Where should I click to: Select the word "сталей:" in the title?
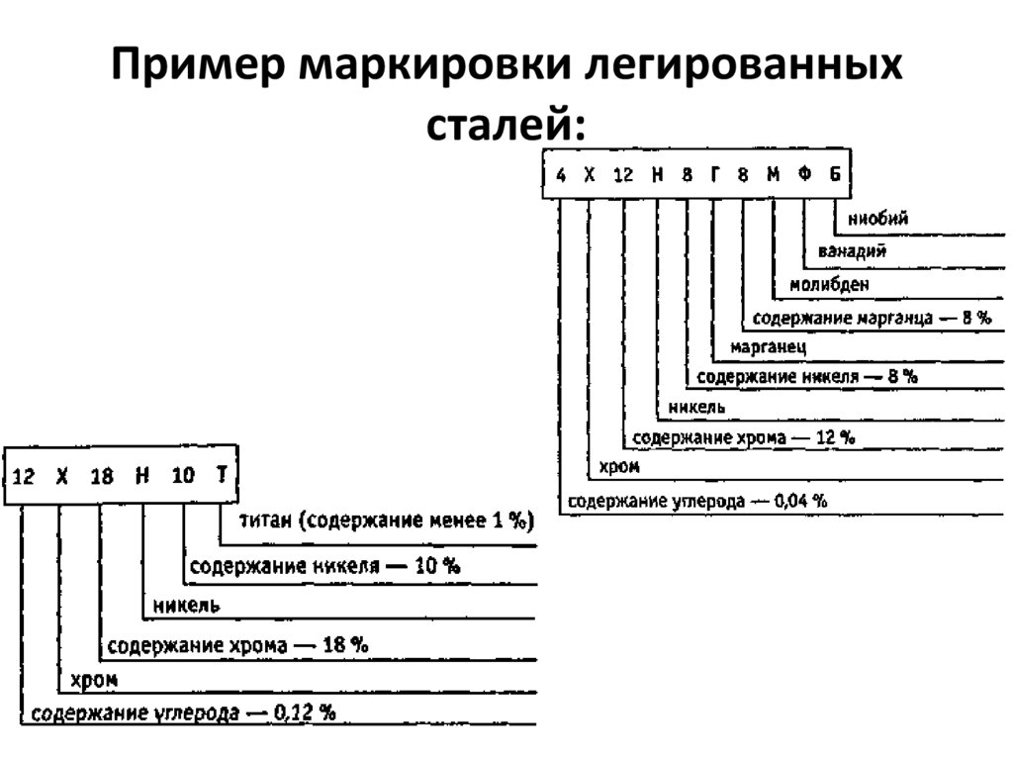[x=506, y=127]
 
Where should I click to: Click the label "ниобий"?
[x=877, y=218]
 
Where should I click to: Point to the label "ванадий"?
[x=852, y=251]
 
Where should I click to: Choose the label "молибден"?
[x=829, y=285]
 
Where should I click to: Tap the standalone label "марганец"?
[x=769, y=347]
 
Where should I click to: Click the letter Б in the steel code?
[x=835, y=175]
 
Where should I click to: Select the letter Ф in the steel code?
[x=804, y=175]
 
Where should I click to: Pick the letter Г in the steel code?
[x=714, y=175]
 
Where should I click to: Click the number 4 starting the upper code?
[x=561, y=176]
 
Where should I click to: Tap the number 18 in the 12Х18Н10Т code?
[x=102, y=476]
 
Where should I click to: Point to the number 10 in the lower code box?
[x=183, y=476]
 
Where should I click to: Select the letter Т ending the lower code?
[x=222, y=475]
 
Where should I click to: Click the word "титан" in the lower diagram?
[x=262, y=522]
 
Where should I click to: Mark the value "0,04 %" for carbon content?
[x=800, y=501]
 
